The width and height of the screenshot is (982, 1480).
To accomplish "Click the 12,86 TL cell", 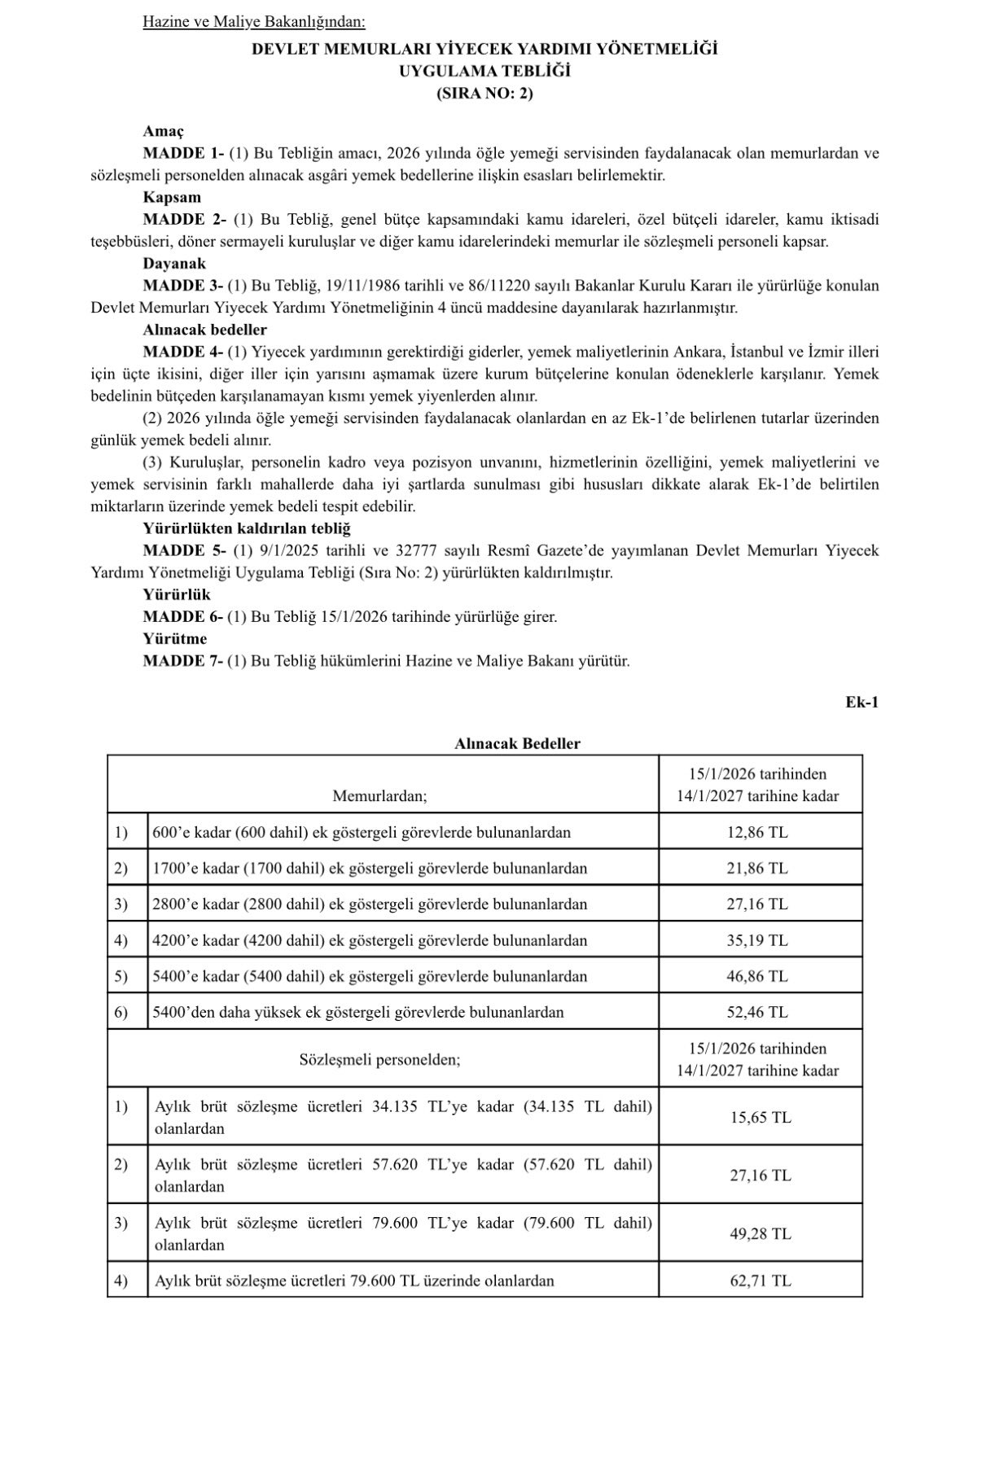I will tap(757, 833).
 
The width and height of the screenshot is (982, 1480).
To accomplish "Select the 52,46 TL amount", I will tap(757, 1013).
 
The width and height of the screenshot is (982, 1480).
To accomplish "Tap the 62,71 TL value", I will tap(760, 1281).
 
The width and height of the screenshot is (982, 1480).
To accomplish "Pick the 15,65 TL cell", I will tap(760, 1118).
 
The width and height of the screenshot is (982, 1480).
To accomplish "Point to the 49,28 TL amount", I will tap(760, 1234).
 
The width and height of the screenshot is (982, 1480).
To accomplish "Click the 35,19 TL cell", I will tap(757, 940).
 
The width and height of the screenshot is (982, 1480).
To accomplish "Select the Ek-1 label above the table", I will tap(861, 702).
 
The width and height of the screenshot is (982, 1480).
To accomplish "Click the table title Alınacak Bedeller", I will tap(517, 743).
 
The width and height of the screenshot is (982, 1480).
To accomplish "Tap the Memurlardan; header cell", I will tap(379, 796).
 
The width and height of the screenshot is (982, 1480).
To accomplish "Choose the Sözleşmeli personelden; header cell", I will tap(379, 1060).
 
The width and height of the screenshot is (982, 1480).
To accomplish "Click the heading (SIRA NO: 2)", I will tap(484, 93).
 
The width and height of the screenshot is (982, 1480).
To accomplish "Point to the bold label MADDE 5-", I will tap(183, 550).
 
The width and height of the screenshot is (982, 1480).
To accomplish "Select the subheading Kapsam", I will tap(172, 197).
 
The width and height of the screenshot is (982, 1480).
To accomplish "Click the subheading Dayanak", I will tap(174, 264).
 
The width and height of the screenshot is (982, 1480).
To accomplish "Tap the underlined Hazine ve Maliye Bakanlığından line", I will tap(254, 21).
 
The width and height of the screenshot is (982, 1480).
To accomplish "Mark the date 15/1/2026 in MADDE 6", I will tap(354, 617).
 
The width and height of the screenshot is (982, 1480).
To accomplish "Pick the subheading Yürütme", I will tap(175, 638).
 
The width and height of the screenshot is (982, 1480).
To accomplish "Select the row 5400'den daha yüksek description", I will tap(358, 1013).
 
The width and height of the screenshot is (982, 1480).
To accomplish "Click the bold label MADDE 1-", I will tap(183, 153).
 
